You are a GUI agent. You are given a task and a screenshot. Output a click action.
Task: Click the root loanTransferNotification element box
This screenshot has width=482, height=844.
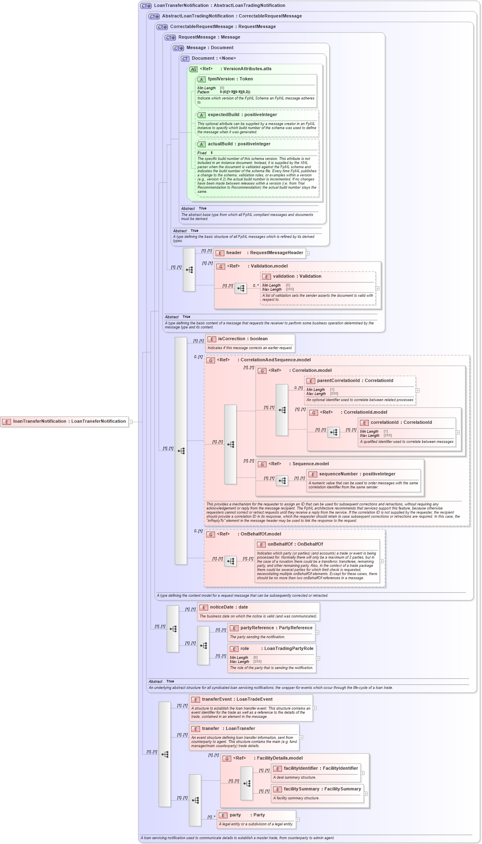point(65,421)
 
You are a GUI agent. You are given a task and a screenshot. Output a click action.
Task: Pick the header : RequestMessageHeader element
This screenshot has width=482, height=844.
point(264,253)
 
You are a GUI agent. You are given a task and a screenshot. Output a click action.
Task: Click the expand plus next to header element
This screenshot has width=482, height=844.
point(308,253)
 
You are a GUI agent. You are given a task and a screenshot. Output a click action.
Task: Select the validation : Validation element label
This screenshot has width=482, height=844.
point(297,276)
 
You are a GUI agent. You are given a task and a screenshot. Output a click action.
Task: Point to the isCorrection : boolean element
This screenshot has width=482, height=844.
point(243,339)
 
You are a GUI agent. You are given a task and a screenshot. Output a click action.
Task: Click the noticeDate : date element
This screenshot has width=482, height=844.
point(228,607)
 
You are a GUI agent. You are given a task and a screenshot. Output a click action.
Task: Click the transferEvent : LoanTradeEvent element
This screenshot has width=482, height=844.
point(237,699)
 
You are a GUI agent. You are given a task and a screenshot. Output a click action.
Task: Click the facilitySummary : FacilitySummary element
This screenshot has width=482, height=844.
point(322,789)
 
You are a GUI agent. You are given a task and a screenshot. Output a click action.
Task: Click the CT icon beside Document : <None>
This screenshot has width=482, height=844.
point(185,59)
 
